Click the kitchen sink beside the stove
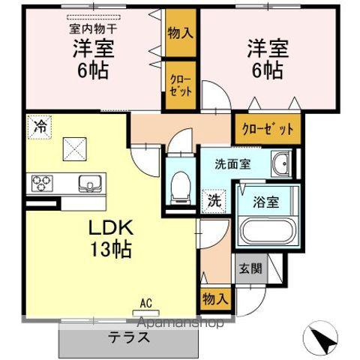click(88, 182)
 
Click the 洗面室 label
click(232, 164)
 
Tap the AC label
click(145, 304)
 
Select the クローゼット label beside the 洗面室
click(268, 128)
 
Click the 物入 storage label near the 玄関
click(215, 298)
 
